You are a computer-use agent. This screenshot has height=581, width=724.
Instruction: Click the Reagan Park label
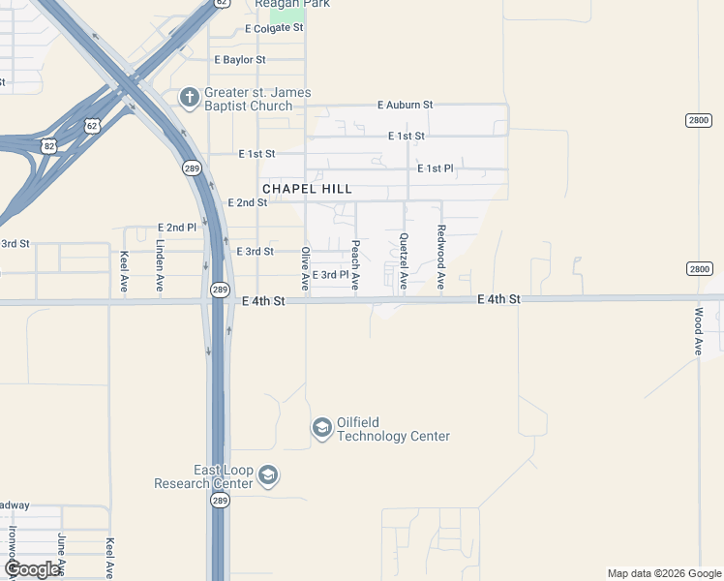(x=292, y=4)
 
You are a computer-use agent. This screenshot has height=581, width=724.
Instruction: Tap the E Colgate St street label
(x=274, y=29)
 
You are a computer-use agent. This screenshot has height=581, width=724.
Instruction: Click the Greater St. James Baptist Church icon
(x=190, y=96)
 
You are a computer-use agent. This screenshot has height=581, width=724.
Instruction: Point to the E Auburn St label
(x=405, y=105)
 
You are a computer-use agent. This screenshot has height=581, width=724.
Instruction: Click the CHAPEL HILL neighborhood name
(x=306, y=189)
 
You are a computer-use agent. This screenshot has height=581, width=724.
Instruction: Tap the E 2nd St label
(x=247, y=202)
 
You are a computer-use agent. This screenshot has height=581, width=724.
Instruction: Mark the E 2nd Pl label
(x=177, y=228)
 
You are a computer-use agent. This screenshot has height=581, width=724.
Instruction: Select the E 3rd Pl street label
(x=329, y=275)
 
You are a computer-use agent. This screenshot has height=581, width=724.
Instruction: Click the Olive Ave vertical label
(x=305, y=268)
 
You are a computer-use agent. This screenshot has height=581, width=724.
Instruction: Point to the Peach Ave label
(x=355, y=265)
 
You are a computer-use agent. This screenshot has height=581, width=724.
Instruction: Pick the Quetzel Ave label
(x=404, y=261)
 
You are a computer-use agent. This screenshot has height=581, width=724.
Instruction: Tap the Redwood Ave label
(x=440, y=258)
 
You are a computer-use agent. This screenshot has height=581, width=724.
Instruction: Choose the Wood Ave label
(x=698, y=331)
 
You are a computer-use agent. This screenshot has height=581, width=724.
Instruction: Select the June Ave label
(x=62, y=553)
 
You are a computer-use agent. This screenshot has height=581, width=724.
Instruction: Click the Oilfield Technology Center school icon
(x=321, y=427)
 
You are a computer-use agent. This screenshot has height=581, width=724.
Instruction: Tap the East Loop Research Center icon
(x=268, y=475)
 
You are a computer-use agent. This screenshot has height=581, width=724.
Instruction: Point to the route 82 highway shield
(x=49, y=145)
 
